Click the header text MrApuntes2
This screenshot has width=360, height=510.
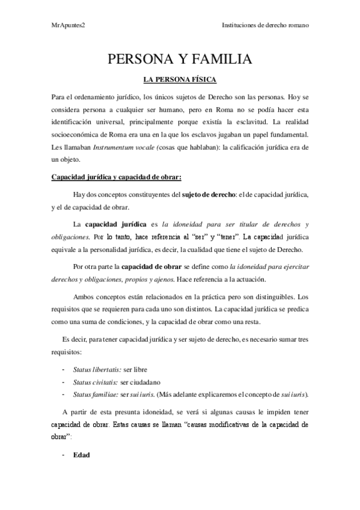click(x=68, y=26)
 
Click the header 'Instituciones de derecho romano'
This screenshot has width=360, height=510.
click(x=265, y=26)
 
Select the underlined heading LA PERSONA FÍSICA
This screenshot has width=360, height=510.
click(x=179, y=79)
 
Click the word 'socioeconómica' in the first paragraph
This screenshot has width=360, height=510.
click(x=76, y=135)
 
